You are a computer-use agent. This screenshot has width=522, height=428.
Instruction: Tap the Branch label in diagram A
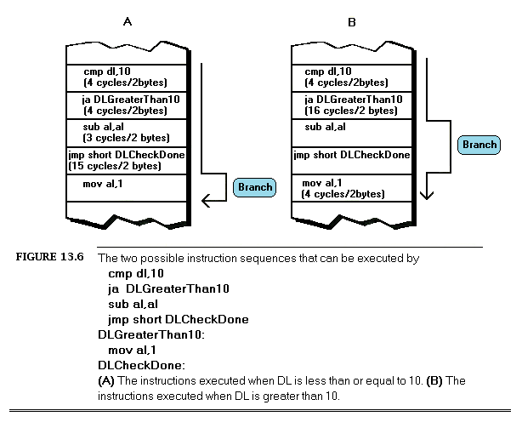[255, 187]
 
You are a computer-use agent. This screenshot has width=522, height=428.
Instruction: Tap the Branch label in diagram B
[479, 145]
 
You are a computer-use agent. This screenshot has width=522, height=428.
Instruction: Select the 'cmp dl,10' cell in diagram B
[351, 77]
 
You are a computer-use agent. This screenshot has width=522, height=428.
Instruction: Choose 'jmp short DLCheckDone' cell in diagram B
[351, 155]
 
